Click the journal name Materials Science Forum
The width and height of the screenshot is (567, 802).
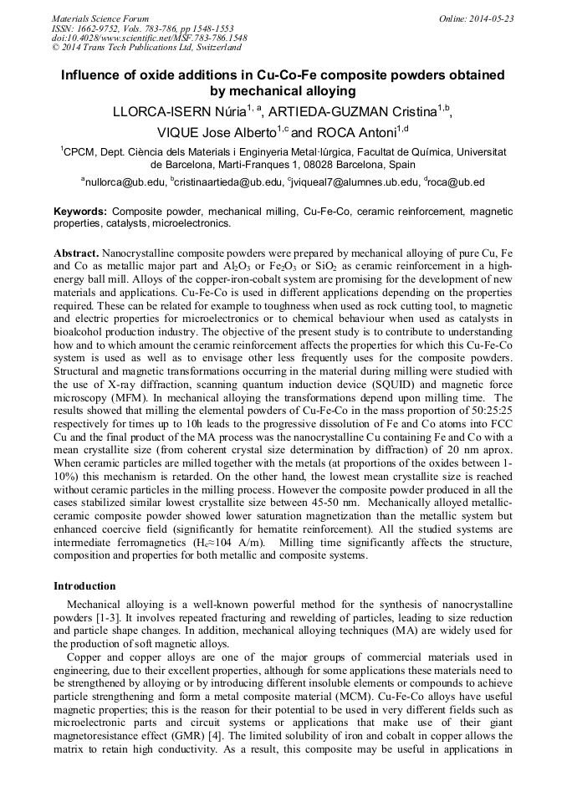click(x=100, y=18)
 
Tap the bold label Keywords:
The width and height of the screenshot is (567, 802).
click(x=80, y=212)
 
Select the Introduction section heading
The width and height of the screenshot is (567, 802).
click(x=84, y=586)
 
